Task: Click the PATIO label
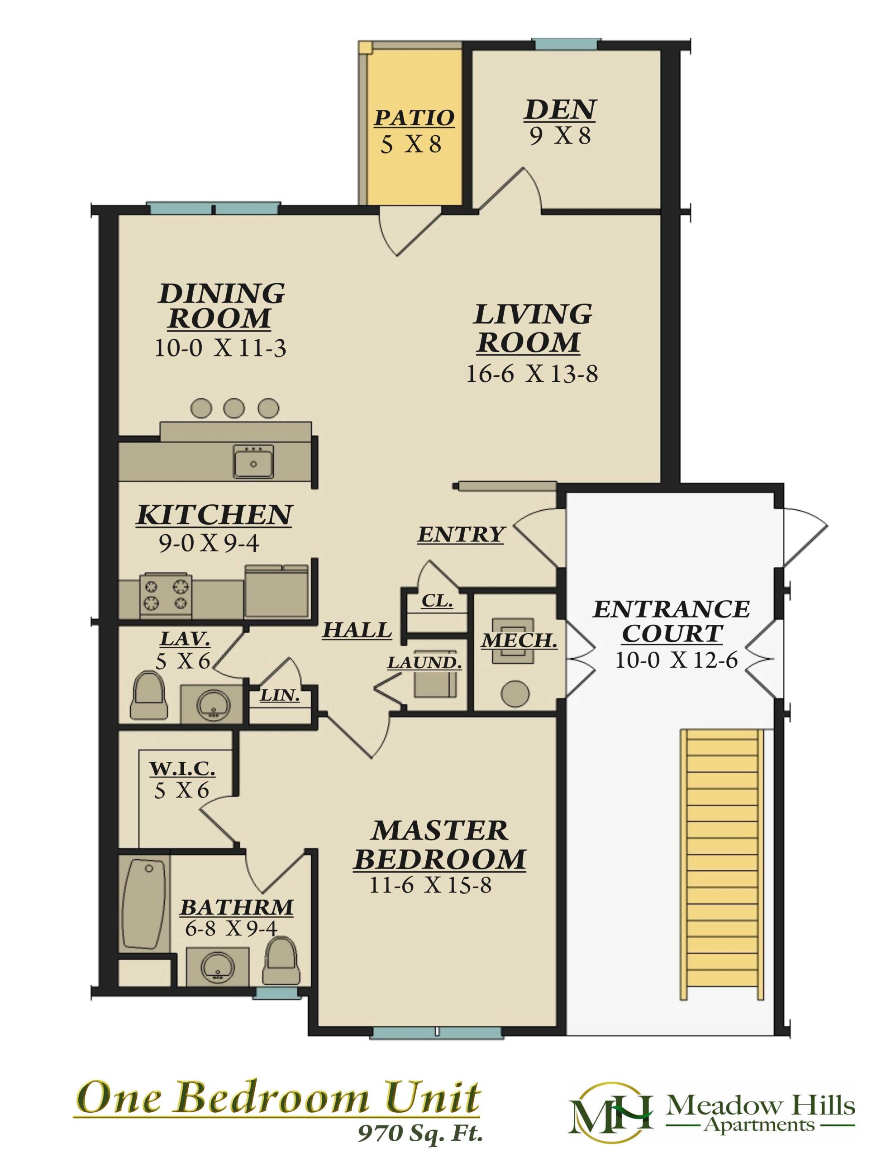tap(414, 118)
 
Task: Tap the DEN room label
tap(560, 110)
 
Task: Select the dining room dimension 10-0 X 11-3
tap(220, 348)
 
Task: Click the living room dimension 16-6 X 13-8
tap(532, 375)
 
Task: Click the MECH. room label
tap(519, 641)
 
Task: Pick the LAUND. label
tap(424, 663)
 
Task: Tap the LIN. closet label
tap(280, 696)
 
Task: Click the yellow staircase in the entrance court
tap(722, 864)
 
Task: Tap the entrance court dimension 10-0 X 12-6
tap(677, 661)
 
